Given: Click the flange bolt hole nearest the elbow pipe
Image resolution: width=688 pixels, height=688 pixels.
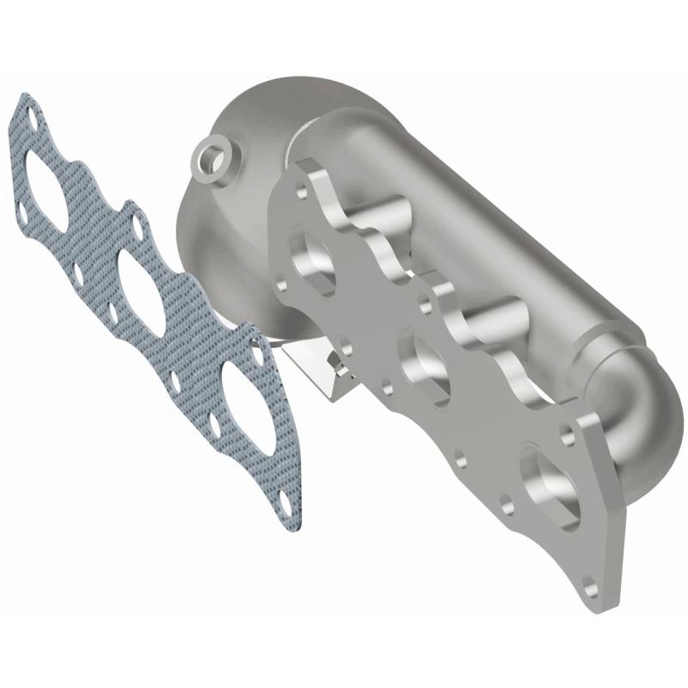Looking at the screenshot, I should [x=568, y=424].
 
